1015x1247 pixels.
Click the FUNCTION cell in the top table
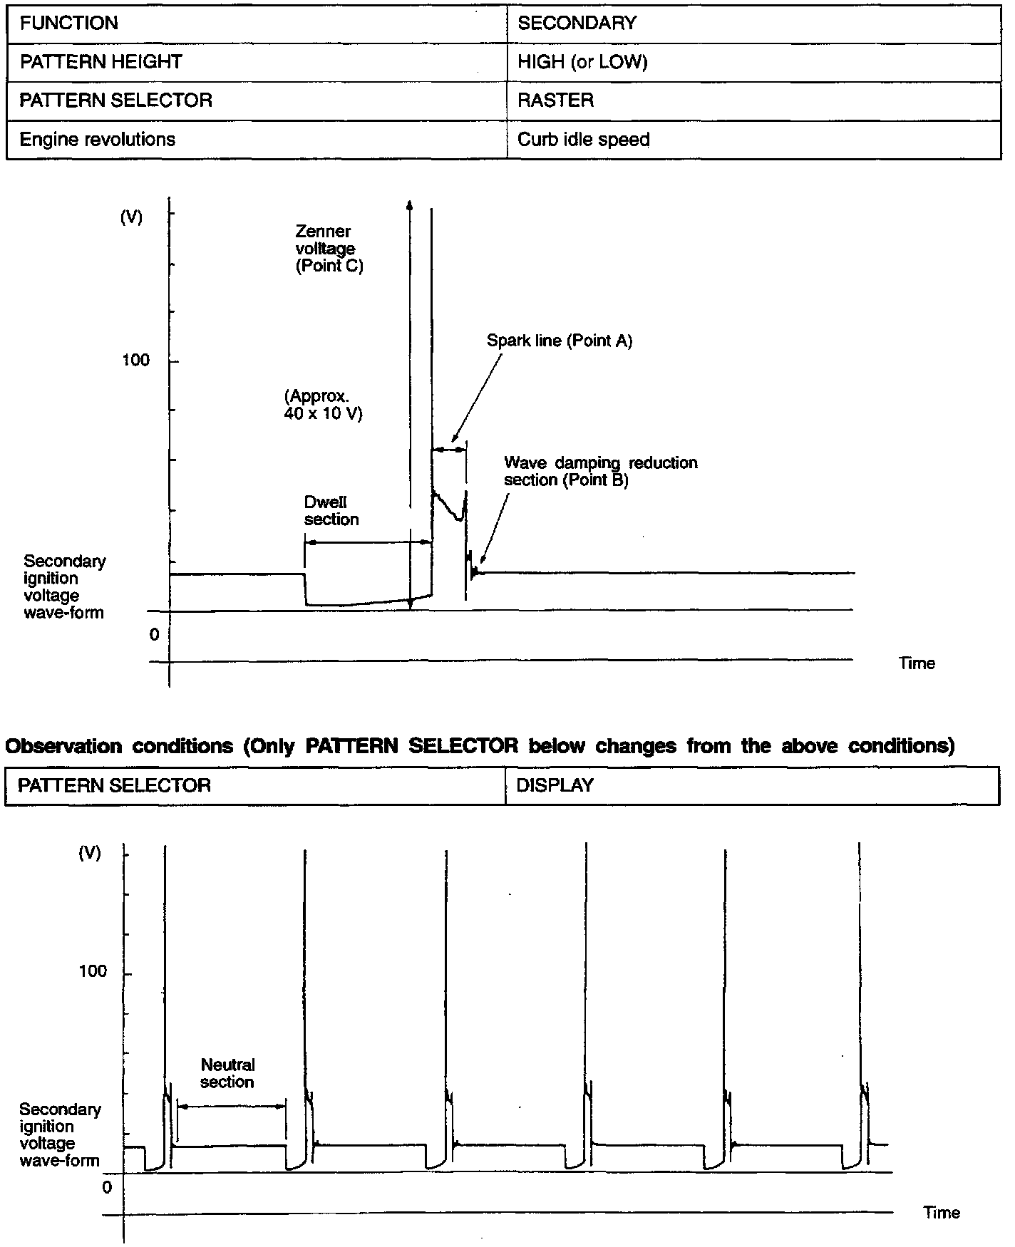click(x=69, y=24)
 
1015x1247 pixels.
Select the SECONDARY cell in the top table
click(x=577, y=24)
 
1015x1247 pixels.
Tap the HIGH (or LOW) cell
click(x=582, y=62)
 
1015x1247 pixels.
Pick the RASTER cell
click(x=555, y=100)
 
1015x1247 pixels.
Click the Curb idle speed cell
click(x=583, y=140)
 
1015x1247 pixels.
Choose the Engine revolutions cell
click(x=98, y=140)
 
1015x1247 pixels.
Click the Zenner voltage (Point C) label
click(x=329, y=249)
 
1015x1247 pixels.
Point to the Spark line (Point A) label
click(x=560, y=341)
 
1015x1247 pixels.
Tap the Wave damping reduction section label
click(x=600, y=471)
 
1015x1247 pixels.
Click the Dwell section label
click(x=331, y=511)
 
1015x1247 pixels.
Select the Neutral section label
click(x=227, y=1073)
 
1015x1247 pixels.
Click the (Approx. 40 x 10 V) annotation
click(x=323, y=405)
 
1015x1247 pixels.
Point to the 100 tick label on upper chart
click(x=135, y=361)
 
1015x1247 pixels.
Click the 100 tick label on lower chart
click(x=93, y=972)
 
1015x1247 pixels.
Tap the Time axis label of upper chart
click(x=917, y=663)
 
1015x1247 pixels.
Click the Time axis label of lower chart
click(x=941, y=1213)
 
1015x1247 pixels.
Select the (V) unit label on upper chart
click(x=131, y=218)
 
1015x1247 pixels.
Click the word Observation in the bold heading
click(x=63, y=746)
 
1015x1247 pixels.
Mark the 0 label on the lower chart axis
click(x=107, y=1188)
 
